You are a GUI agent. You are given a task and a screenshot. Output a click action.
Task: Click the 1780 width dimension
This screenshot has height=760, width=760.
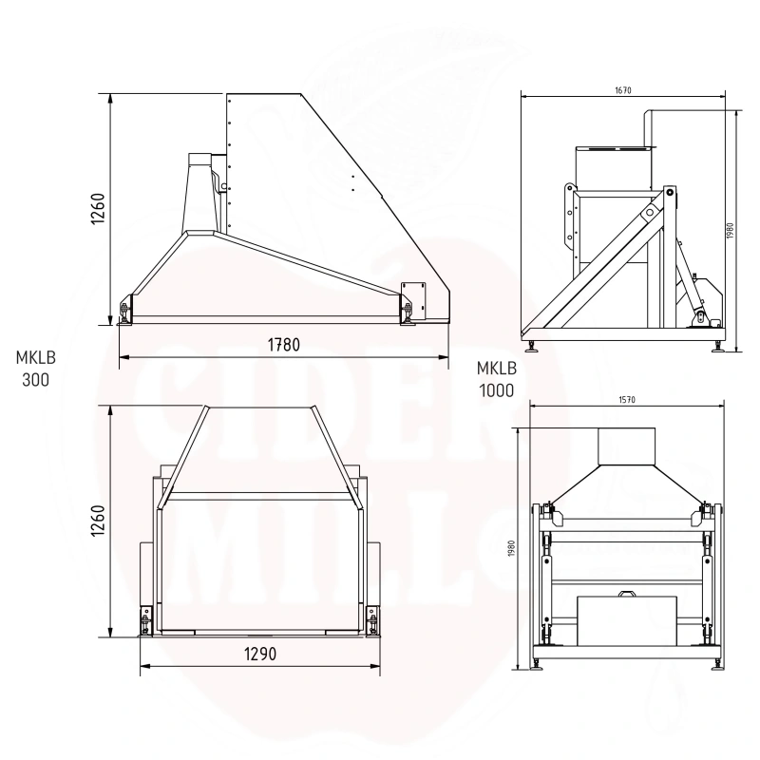283,345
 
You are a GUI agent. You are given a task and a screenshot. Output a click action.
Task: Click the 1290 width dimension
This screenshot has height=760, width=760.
260,654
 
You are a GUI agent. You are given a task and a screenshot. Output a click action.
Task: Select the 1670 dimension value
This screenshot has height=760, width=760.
623,90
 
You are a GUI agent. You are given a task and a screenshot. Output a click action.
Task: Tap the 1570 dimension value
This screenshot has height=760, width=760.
627,400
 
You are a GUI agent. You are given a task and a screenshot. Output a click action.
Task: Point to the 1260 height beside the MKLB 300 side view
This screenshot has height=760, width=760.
98,208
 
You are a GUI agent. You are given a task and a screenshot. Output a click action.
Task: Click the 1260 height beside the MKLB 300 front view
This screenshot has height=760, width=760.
98,520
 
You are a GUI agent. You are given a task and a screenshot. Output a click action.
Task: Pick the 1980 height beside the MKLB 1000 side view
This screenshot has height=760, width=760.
730,231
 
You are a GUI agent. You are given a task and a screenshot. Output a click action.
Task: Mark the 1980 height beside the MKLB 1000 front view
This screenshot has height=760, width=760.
512,548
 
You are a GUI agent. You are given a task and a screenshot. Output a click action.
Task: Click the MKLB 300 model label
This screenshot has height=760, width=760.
35,369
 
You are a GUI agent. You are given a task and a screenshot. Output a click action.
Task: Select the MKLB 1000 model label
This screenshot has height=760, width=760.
496,379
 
